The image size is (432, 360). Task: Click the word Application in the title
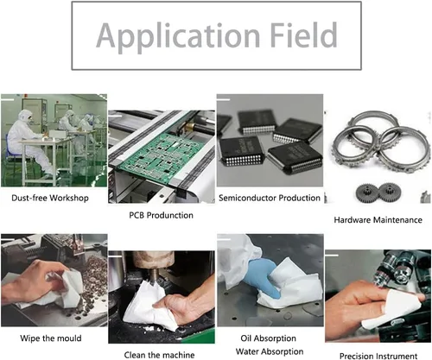178,37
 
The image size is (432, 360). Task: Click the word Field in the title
304,35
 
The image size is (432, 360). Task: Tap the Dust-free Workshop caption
50,198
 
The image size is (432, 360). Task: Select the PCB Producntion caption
161,215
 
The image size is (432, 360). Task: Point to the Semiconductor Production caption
270,198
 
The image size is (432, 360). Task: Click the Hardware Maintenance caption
378,220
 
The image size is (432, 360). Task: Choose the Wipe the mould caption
51,338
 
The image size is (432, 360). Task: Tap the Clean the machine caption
159,355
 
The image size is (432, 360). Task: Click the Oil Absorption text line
269,338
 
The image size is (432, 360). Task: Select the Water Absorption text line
270,351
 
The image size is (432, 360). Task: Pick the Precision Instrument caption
378,356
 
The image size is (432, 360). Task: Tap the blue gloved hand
264,276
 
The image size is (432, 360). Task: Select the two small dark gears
377,192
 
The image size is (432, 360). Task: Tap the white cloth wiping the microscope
391,309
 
